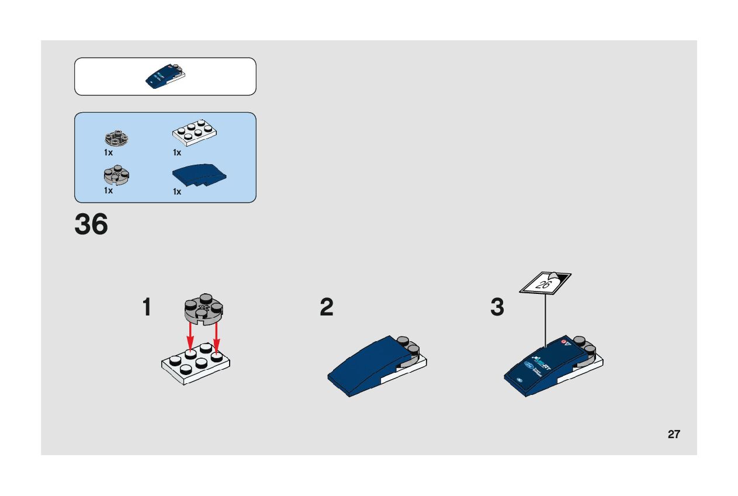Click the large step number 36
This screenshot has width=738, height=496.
pos(91,225)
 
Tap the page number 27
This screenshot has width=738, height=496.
pos(674,434)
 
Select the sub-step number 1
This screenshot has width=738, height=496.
pos(147,308)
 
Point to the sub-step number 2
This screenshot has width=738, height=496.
pos(327,308)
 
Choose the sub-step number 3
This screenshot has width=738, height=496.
pos(497,308)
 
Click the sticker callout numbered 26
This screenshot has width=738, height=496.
pos(545,283)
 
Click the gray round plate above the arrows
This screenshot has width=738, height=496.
pos(203,308)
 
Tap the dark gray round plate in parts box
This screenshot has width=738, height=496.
pos(116,138)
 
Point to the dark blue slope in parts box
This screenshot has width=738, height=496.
pos(199,174)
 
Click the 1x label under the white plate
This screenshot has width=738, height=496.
pos(177,152)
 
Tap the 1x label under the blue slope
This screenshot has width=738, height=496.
pos(177,192)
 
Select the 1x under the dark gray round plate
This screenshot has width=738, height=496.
pos(109,152)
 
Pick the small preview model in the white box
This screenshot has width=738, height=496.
pos(165,77)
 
